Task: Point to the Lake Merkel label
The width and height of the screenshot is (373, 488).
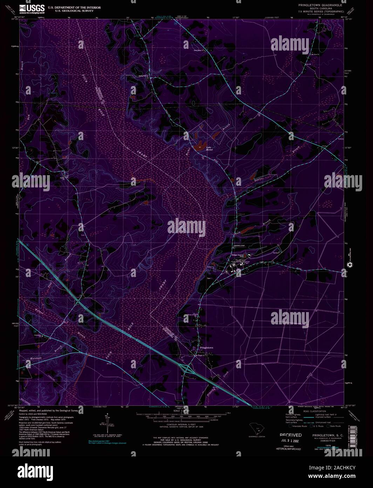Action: tap(209, 148)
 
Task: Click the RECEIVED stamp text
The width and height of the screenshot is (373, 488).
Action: tap(290, 435)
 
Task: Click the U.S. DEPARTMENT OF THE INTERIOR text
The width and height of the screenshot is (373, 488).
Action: tap(69, 7)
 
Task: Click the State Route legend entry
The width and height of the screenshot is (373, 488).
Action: tap(334, 426)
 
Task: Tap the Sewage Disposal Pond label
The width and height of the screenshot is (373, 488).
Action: tap(239, 253)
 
